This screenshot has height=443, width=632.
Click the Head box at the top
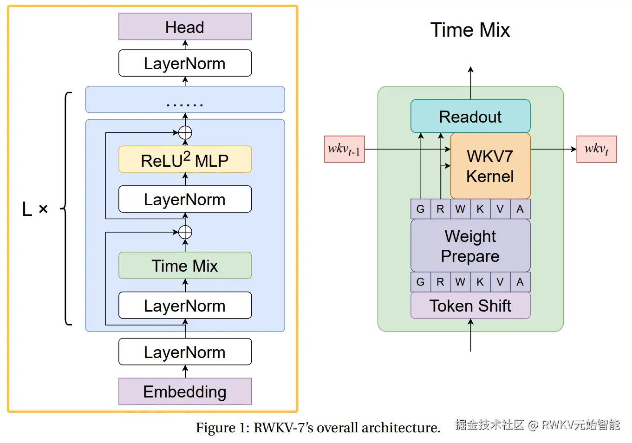185,27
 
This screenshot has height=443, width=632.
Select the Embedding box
185,391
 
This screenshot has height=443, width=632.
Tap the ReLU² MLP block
185,160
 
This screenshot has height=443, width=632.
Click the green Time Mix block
185,266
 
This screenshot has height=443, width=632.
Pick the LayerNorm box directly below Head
185,63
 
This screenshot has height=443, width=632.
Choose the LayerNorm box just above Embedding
185,352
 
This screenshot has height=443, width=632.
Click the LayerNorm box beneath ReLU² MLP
185,199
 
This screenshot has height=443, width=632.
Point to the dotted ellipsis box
185,100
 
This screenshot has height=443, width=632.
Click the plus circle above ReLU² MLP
185,133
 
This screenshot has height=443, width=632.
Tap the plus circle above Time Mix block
185,232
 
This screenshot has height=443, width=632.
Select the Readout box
470,117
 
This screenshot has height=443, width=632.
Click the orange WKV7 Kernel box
490,166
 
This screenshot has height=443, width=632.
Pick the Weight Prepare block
470,246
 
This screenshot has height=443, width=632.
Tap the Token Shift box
470,306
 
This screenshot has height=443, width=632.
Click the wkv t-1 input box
344,150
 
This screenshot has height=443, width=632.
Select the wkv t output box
596,150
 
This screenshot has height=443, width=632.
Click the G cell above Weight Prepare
420,209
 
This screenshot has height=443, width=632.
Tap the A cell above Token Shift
520,282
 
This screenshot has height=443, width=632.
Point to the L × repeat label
35,209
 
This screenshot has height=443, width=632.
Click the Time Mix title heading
470,30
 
